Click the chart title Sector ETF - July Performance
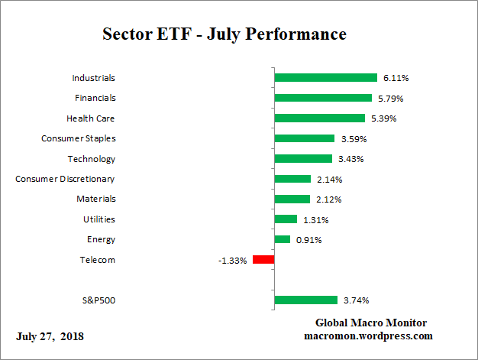click(x=224, y=35)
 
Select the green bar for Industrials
click(x=325, y=78)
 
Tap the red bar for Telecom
click(x=263, y=260)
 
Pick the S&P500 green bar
click(x=305, y=300)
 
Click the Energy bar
click(x=282, y=239)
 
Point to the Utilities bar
click(x=286, y=219)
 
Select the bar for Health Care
click(x=319, y=118)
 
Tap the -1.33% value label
click(x=233, y=261)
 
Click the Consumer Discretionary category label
click(x=66, y=179)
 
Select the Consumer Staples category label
click(x=78, y=138)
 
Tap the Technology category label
click(x=91, y=159)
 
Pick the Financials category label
click(x=95, y=98)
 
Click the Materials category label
click(x=95, y=199)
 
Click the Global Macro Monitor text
click(x=370, y=323)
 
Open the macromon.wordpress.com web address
click(x=369, y=336)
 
